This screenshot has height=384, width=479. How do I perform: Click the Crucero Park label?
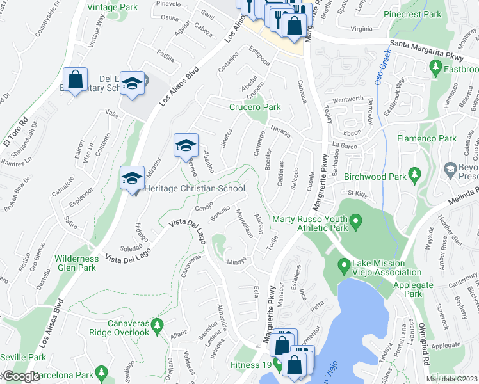coord(255,107)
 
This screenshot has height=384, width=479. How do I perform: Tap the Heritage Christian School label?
coord(195,189)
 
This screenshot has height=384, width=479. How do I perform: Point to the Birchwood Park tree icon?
coord(414,173)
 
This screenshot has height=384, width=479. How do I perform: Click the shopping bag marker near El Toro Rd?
coord(76,80)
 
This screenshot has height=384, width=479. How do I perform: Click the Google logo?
coord(22,376)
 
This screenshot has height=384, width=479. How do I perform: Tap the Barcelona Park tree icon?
coord(101,371)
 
